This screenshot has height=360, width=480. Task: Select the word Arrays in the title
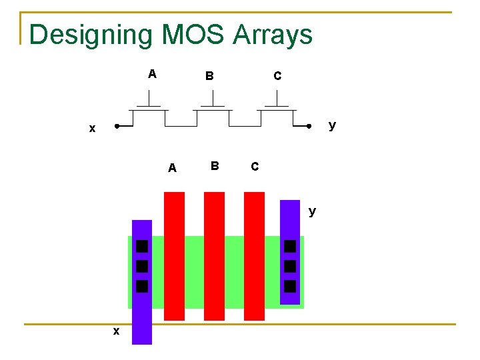pyautogui.click(x=273, y=35)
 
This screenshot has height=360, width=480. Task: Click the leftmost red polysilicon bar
pyautogui.click(x=174, y=256)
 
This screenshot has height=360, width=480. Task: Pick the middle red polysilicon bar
pyautogui.click(x=214, y=256)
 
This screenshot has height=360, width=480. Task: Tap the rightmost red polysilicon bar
pyautogui.click(x=254, y=256)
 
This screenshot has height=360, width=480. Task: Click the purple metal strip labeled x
pyautogui.click(x=142, y=313)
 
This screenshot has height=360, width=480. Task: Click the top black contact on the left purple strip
pyautogui.click(x=141, y=247)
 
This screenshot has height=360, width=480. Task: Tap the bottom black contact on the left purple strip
pyautogui.click(x=141, y=287)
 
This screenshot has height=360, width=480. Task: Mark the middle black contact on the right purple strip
pyautogui.click(x=290, y=266)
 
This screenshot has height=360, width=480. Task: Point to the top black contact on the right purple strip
pyautogui.click(x=290, y=246)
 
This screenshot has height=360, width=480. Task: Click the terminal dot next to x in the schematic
pyautogui.click(x=117, y=126)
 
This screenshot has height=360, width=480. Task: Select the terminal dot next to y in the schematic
pyautogui.click(x=309, y=126)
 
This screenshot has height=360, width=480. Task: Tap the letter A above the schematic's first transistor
pyautogui.click(x=152, y=74)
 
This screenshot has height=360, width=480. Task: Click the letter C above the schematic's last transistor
pyautogui.click(x=277, y=76)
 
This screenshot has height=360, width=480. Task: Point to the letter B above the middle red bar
pyautogui.click(x=214, y=165)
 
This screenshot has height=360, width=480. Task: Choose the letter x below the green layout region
pyautogui.click(x=116, y=331)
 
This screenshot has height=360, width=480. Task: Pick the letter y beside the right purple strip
pyautogui.click(x=312, y=211)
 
